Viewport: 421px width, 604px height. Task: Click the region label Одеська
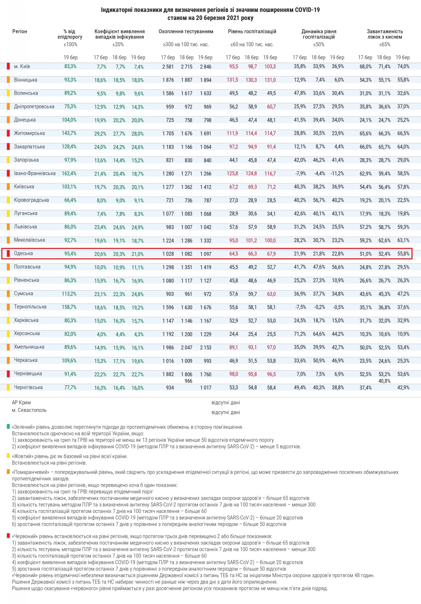(x=23, y=253)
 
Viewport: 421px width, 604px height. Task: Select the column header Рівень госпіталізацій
(x=252, y=32)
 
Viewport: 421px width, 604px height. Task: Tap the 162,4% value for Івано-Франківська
(x=69, y=173)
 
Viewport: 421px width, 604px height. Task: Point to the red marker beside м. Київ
(x=8, y=66)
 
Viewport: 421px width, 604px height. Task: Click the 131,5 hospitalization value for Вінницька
(x=233, y=80)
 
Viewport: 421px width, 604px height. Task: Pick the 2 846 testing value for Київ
(x=206, y=67)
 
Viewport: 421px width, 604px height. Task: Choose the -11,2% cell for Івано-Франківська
(x=337, y=173)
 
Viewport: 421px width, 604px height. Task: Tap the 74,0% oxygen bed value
(x=403, y=66)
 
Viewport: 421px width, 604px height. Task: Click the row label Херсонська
(x=27, y=333)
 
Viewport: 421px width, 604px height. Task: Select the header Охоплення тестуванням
(x=186, y=32)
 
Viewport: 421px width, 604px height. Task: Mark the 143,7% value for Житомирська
(x=69, y=133)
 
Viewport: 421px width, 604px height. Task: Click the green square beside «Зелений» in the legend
(x=8, y=426)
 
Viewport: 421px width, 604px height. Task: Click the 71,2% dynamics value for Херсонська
(x=300, y=334)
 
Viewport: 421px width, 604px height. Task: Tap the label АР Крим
(x=21, y=402)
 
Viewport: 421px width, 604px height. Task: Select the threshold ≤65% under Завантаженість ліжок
(x=385, y=44)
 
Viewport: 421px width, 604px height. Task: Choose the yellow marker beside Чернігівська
(x=8, y=387)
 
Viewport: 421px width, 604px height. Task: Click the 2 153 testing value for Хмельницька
(x=206, y=347)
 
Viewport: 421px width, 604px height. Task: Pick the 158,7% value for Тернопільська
(x=69, y=307)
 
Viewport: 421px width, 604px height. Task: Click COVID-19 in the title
(x=307, y=10)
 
